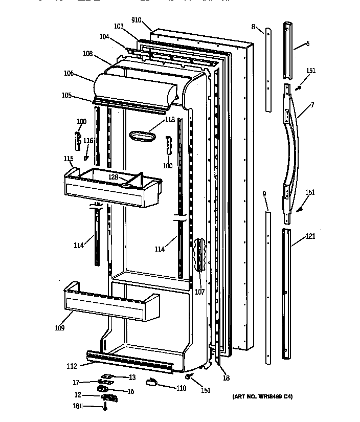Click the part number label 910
coord(136,20)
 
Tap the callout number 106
coord(69,74)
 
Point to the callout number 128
coord(113,176)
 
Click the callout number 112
coord(72,366)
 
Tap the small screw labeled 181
coord(105,407)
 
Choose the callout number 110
coord(181,388)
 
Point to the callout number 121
coord(310,236)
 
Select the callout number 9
coord(264,193)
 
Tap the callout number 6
coord(307,44)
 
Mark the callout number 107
coord(199,292)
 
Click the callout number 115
coord(69,159)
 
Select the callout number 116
coord(88,141)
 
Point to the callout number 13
coord(132,377)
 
